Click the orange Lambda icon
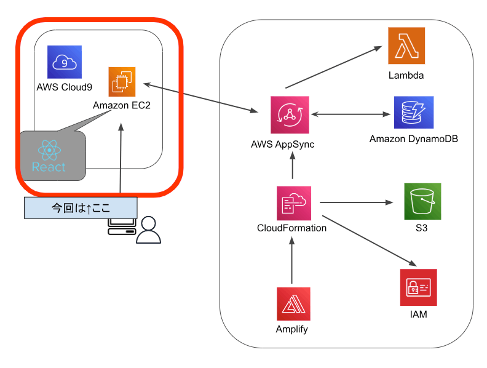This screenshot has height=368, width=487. coord(406,46)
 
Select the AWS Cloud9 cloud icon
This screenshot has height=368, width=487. coord(65,62)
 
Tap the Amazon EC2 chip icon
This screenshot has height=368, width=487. coord(121,82)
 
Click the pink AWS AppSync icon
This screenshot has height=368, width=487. coord(290,114)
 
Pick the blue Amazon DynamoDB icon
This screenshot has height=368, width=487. coord(414,112)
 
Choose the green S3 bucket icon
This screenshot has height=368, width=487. coord(422,201)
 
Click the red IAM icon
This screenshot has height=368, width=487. coord(418,287)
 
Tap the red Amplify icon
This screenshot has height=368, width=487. coord(293,304)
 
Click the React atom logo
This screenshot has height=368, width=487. coord(49,150)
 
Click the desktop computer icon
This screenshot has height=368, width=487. coord(121,226)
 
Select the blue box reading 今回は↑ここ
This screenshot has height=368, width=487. coord(81,207)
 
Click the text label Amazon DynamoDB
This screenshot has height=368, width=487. coord(413,139)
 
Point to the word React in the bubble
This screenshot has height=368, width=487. coord(49,167)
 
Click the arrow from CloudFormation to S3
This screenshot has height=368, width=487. coord(357,202)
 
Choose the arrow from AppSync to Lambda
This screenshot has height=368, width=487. coord(333,68)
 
